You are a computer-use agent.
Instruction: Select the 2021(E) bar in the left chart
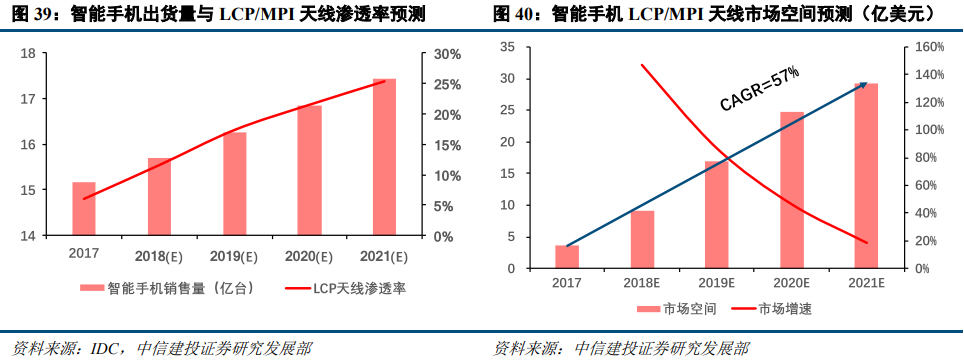(384, 157)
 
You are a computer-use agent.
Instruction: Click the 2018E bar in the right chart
(642, 240)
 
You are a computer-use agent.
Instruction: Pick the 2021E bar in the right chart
(866, 176)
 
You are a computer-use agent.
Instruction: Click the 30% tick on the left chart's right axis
(447, 54)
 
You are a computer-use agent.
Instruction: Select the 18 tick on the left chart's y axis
(29, 54)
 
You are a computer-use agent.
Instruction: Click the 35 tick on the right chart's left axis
(506, 46)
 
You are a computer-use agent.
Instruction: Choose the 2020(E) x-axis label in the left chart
(309, 257)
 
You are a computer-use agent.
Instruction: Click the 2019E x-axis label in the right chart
(716, 284)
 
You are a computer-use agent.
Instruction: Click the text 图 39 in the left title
(27, 15)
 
